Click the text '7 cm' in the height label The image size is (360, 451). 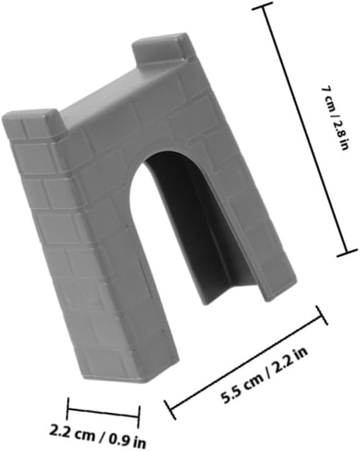click(328, 98)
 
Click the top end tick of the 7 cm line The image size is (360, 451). click(262, 6)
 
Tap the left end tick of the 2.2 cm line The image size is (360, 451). click(68, 408)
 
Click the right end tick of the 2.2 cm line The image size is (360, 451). click(139, 416)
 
